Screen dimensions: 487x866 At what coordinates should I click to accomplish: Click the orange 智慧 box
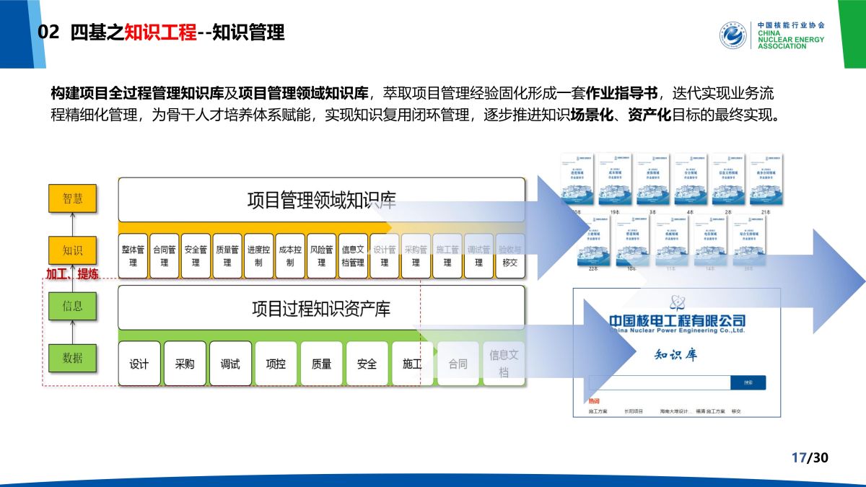pos(72,198)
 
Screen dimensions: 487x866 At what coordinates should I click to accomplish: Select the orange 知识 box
pos(72,250)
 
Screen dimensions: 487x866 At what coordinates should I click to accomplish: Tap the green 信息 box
pos(72,306)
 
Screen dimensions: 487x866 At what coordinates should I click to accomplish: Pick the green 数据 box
pos(72,358)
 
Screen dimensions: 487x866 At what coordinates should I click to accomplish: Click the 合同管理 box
pos(164,256)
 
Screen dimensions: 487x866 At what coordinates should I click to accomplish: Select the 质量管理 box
pos(227,256)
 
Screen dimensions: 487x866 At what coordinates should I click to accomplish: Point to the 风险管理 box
pos(322,256)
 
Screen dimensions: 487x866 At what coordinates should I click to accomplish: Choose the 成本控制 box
pos(290,256)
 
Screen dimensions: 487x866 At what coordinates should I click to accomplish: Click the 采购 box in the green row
pos(185,364)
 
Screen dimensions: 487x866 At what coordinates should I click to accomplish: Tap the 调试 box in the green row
pos(230,364)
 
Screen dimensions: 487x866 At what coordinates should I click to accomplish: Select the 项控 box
pos(276,364)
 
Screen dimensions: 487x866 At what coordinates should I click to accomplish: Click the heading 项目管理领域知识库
pos(321,200)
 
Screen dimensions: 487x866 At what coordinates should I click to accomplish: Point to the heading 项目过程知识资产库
pos(321,309)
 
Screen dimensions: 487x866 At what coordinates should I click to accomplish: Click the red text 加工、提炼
pos(72,274)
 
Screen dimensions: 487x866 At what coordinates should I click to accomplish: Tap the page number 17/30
pos(810,457)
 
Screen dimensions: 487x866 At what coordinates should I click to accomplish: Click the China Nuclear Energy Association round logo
pos(733,35)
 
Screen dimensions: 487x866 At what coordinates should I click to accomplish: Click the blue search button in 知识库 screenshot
pos(748,383)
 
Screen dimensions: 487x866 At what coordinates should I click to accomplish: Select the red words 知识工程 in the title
pos(160,32)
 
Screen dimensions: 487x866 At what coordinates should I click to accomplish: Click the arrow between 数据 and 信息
pos(72,332)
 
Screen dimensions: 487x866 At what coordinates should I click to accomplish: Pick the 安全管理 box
pos(196,256)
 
